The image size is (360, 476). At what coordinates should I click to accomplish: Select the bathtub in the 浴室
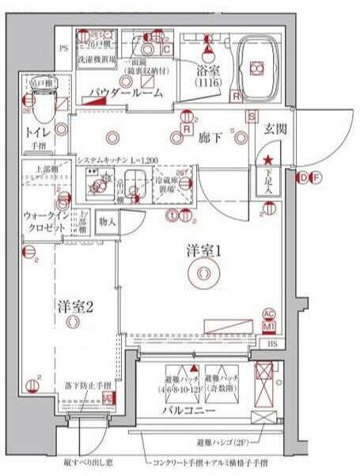tap(256, 67)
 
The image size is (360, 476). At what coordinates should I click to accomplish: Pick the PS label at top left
tap(64, 49)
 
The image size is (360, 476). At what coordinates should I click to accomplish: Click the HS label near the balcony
tap(271, 343)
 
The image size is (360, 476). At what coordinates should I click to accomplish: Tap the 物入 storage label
tap(108, 223)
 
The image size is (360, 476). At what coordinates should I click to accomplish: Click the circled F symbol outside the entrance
tap(314, 178)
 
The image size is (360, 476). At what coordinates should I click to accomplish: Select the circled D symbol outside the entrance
tap(302, 178)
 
